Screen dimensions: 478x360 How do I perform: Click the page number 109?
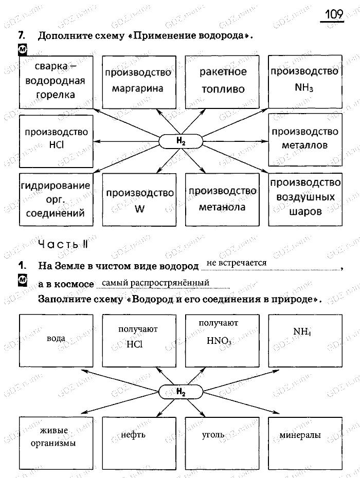(x=333, y=14)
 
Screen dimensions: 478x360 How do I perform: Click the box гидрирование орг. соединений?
(x=56, y=200)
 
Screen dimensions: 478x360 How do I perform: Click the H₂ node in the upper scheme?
(x=180, y=140)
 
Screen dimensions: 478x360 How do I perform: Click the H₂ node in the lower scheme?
(x=180, y=392)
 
